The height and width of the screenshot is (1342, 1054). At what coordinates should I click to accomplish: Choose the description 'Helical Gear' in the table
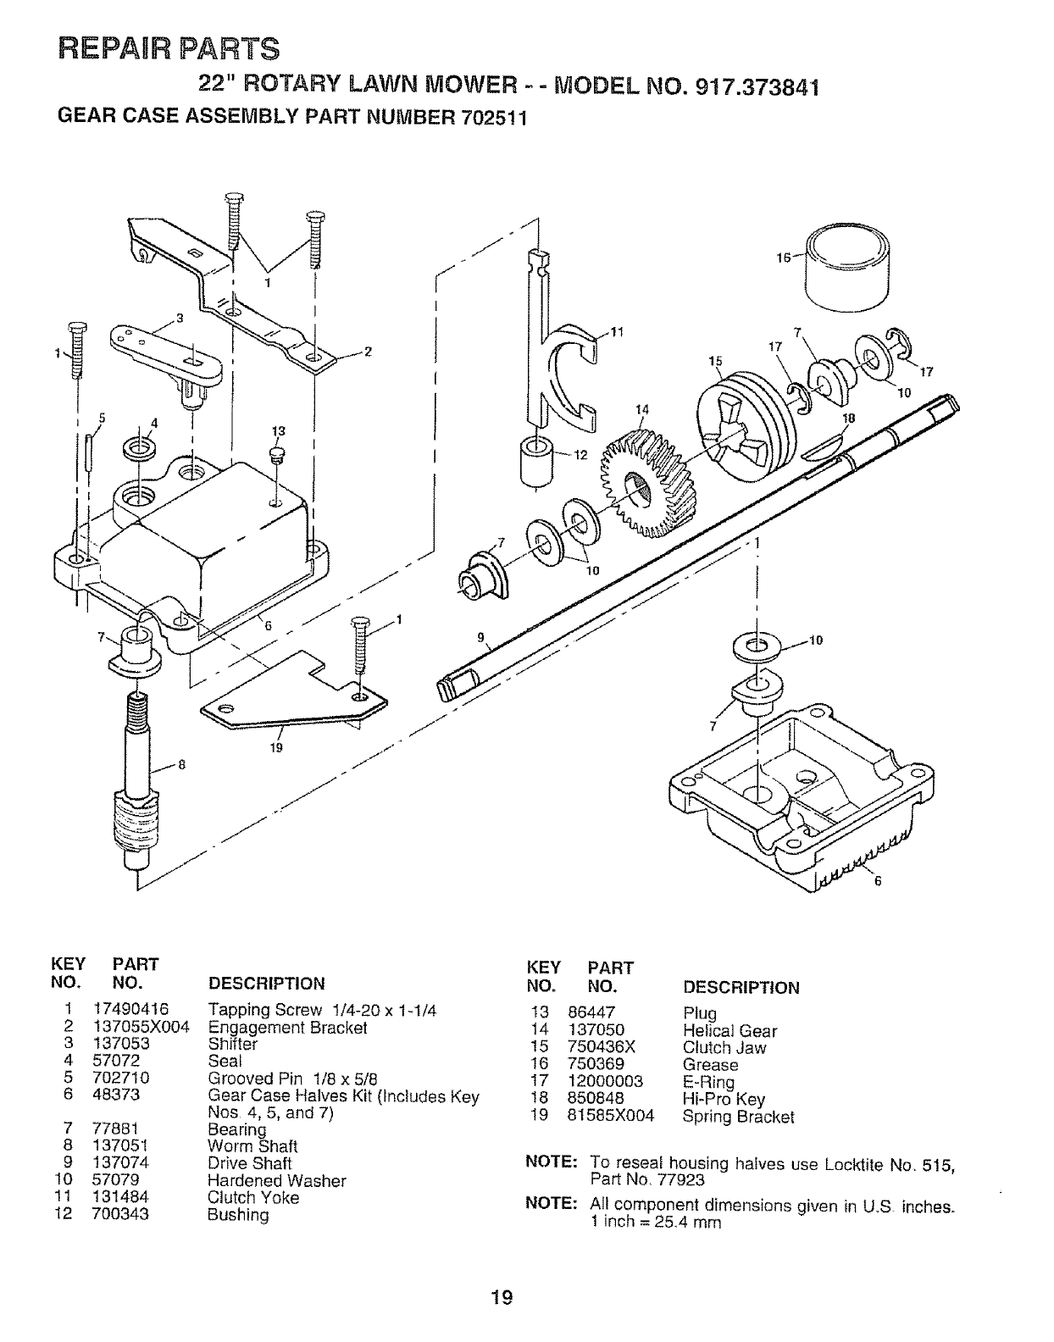pyautogui.click(x=729, y=1031)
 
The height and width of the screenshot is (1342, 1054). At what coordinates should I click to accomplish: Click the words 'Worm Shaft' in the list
pyautogui.click(x=252, y=1147)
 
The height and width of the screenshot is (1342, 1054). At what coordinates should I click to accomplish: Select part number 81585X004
pyautogui.click(x=610, y=1117)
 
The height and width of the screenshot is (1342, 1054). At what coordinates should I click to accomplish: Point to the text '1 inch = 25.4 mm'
pyautogui.click(x=656, y=1222)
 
